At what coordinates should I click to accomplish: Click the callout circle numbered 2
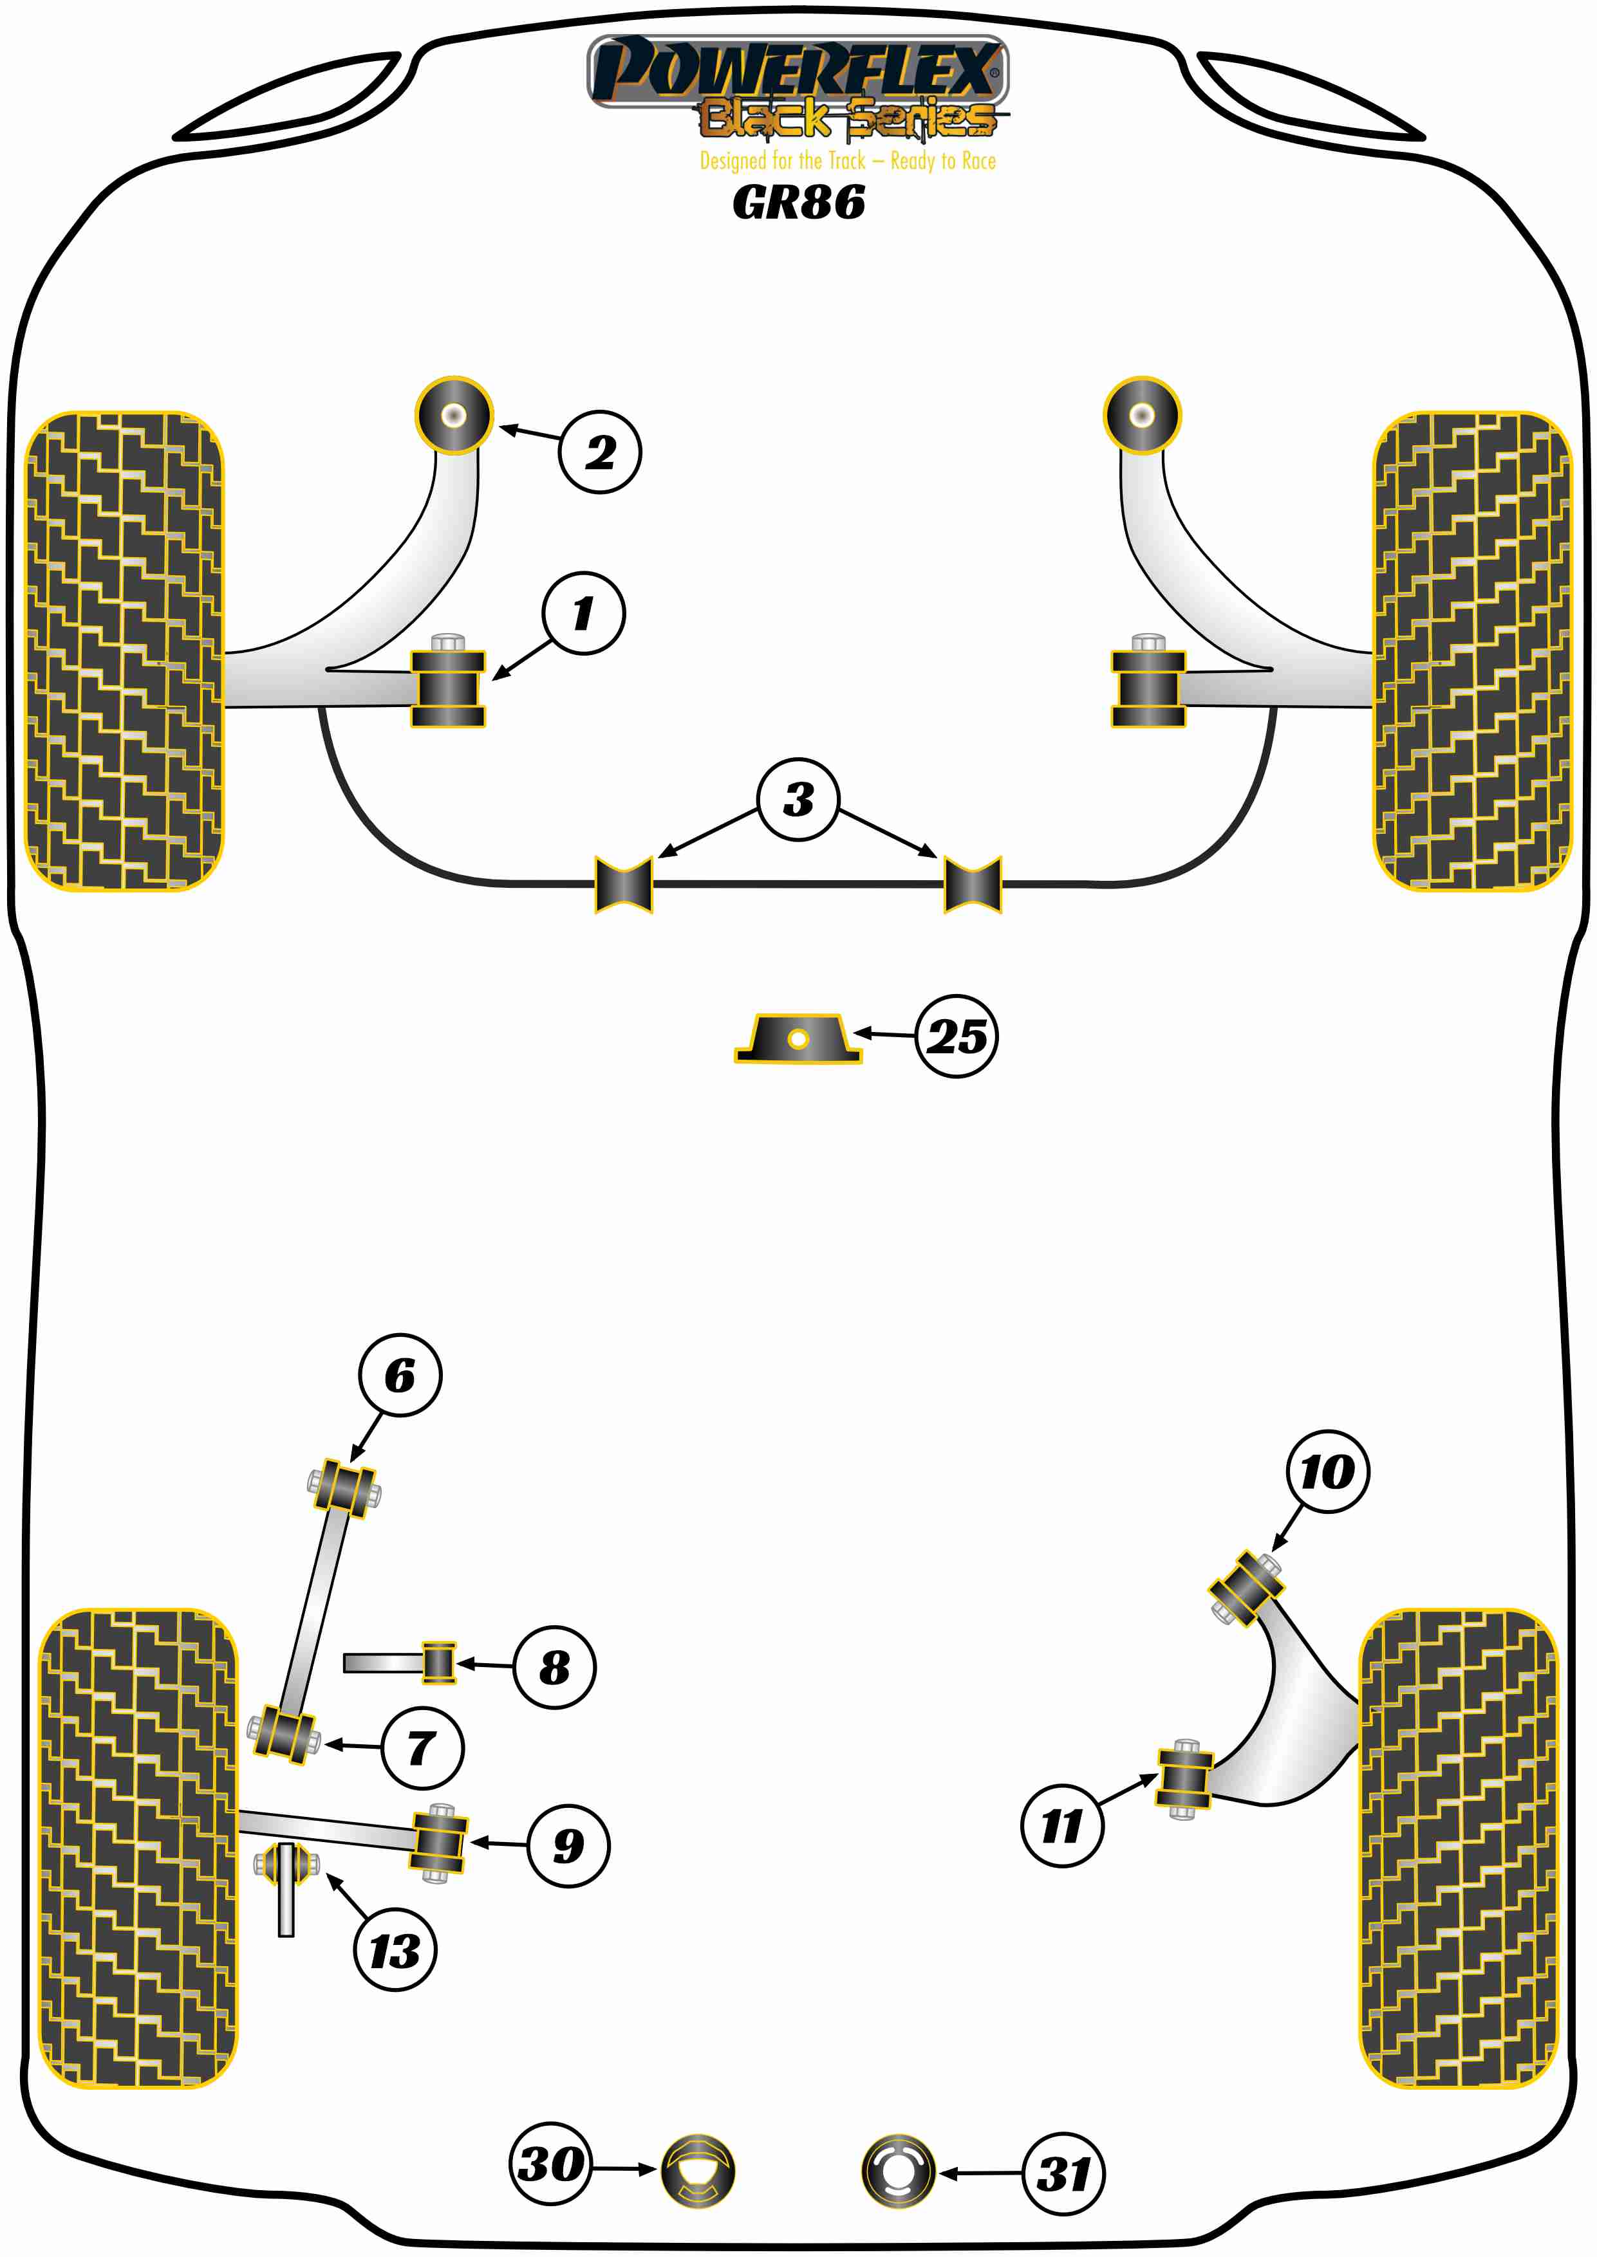coord(600,452)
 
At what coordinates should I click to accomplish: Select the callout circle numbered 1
coord(583,613)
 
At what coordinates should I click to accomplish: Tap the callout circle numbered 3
coord(798,799)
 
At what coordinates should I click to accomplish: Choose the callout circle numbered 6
coord(400,1375)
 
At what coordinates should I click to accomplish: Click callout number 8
coord(555,1666)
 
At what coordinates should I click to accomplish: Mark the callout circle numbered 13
coord(395,1950)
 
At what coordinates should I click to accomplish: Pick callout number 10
coord(1327,1471)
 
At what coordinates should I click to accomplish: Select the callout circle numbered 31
coord(1064,2173)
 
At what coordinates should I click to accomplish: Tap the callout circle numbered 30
coord(552,2164)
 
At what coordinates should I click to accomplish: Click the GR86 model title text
coord(798,203)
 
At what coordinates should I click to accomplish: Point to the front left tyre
coord(124,650)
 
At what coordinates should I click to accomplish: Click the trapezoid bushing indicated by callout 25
coord(798,1039)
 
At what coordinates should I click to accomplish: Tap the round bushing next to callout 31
coord(898,2171)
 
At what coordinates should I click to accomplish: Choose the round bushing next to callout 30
coord(697,2171)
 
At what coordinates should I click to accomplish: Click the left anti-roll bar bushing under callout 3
coord(624,885)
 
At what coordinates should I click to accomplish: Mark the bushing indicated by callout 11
coord(1184,1779)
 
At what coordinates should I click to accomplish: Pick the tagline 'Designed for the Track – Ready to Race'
coord(848,161)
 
